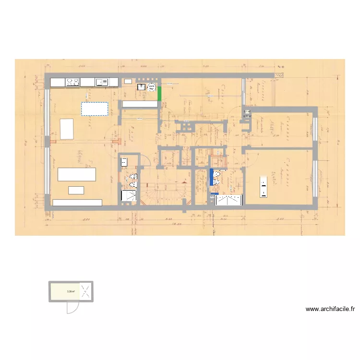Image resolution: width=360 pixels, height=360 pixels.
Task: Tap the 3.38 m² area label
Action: coord(71,291)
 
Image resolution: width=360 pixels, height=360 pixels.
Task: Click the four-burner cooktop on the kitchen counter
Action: coord(72,83)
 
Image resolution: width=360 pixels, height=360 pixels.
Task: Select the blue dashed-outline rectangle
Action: coord(95,108)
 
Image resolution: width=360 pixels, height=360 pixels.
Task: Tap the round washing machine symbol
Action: coord(152,87)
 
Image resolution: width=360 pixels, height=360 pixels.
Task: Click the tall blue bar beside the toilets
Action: coord(211,177)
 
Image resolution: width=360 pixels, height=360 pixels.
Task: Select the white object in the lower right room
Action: coord(263,187)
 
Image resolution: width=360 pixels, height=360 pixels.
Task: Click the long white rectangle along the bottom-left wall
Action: coord(77,203)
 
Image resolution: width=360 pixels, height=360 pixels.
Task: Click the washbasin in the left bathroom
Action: coord(124,162)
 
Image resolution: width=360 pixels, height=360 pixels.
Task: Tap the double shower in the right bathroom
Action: coord(228,200)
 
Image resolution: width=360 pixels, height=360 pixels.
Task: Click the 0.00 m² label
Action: coord(247,116)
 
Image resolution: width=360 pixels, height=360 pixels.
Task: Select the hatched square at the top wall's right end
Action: coord(279,75)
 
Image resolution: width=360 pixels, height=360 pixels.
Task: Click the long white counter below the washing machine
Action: coord(140,104)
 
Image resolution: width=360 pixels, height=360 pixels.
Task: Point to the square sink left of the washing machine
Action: coord(141,87)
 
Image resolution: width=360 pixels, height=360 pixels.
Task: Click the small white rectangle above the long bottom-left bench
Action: coord(76,190)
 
